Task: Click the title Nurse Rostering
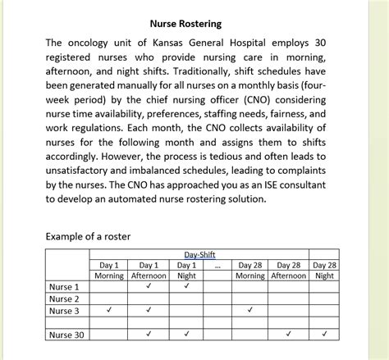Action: click(x=185, y=24)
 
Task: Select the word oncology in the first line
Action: click(x=94, y=42)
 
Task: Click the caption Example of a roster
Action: click(x=88, y=236)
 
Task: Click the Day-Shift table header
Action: click(x=200, y=256)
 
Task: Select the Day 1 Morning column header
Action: click(x=109, y=271)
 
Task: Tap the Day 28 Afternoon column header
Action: click(x=290, y=271)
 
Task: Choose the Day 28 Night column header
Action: click(x=326, y=271)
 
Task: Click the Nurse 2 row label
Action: click(x=64, y=298)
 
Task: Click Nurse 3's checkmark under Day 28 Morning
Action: click(x=249, y=310)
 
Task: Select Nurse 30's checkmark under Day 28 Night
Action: click(x=326, y=335)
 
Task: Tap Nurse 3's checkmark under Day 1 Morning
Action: click(x=109, y=310)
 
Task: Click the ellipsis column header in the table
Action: click(x=217, y=266)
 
